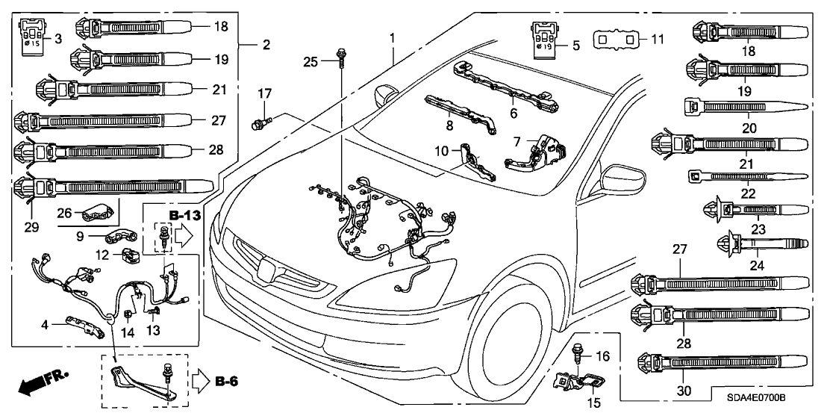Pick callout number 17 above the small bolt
[x=262, y=94]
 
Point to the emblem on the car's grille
[x=266, y=266]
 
